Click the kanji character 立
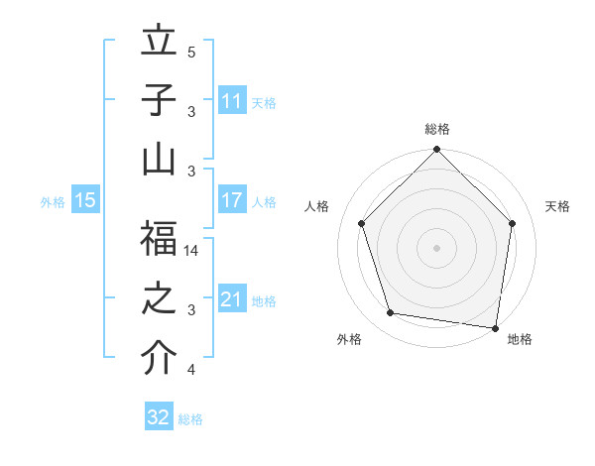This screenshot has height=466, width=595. [159, 45]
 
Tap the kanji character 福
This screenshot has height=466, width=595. [159, 239]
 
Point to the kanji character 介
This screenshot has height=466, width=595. [159, 358]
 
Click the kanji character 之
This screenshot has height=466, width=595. [159, 299]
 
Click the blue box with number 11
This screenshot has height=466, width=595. [232, 101]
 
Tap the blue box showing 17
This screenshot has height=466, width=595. [232, 200]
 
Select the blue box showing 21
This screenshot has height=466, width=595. [232, 299]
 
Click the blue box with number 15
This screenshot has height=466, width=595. [85, 200]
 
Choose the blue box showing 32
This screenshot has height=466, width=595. [159, 417]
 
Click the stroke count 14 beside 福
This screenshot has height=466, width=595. [192, 252]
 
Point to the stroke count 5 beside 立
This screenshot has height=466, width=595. [191, 53]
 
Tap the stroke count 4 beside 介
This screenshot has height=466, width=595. [191, 370]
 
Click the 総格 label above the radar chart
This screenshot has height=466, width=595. [437, 130]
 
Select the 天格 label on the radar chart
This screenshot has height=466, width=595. [558, 206]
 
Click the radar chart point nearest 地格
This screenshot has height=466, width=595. [495, 327]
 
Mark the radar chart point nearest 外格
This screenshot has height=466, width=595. [391, 313]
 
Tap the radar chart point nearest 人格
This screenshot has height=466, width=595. [362, 223]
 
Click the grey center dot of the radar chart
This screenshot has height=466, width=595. [437, 248]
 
